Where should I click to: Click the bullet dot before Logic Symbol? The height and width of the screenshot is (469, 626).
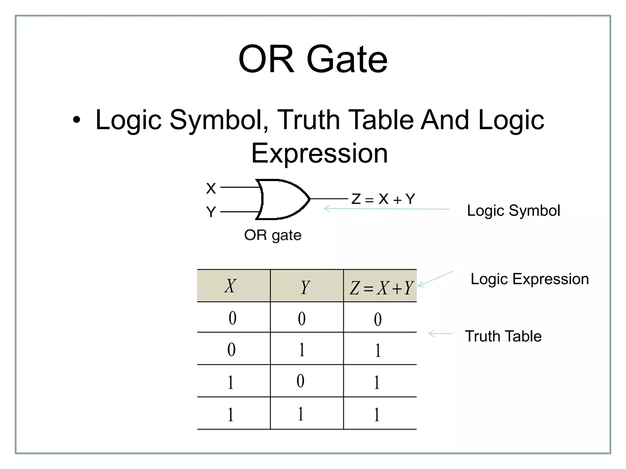point(77,120)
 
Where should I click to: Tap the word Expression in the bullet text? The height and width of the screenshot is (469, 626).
point(319,153)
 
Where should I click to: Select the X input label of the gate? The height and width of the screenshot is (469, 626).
point(211,188)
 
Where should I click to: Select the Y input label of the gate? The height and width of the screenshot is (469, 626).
point(211,212)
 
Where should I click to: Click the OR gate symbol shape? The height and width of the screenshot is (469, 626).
point(281,199)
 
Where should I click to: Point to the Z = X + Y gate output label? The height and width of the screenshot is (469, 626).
point(383,199)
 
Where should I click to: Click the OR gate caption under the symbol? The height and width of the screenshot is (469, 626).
point(273,235)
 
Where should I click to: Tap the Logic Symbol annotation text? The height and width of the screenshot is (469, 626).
point(514,211)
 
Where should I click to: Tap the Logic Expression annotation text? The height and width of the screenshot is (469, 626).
point(529,279)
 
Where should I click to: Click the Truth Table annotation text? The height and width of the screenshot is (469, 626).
point(503,336)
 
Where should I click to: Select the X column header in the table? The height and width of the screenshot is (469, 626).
point(230,286)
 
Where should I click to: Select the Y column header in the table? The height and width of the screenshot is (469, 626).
point(305,287)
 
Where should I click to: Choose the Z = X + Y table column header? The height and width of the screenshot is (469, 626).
point(381,288)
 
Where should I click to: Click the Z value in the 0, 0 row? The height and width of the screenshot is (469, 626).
point(378,319)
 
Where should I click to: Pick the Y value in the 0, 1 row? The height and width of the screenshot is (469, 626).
point(302,350)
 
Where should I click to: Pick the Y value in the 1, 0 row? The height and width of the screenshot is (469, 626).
point(301,381)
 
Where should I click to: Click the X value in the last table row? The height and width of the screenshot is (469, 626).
point(231,415)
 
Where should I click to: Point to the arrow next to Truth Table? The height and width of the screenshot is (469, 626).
point(440,334)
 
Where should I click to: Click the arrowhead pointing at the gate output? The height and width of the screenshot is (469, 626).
point(326,209)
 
